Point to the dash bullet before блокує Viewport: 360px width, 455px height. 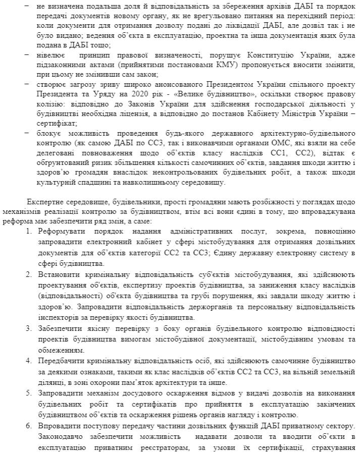click(x=27, y=133)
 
